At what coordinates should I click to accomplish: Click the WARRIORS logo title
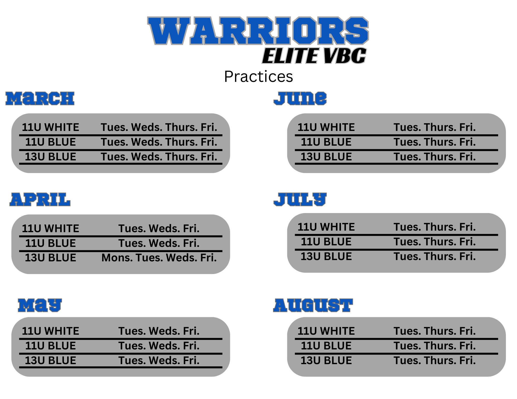(258, 30)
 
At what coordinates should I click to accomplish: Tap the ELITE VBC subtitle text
(314, 56)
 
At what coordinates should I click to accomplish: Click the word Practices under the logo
(258, 76)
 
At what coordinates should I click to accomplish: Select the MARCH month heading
(40, 98)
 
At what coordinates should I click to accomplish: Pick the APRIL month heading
(40, 199)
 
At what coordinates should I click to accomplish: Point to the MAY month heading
(40, 305)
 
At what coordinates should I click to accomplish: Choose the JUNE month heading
(300, 98)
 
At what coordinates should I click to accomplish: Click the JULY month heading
(300, 199)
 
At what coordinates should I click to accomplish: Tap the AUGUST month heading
(313, 305)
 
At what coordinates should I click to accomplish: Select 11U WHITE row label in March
(50, 127)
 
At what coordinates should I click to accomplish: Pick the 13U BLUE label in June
(326, 157)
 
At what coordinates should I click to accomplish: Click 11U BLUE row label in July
(326, 242)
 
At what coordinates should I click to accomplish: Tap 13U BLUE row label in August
(326, 361)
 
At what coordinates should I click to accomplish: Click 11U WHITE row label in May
(50, 331)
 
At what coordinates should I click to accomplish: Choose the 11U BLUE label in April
(50, 243)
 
